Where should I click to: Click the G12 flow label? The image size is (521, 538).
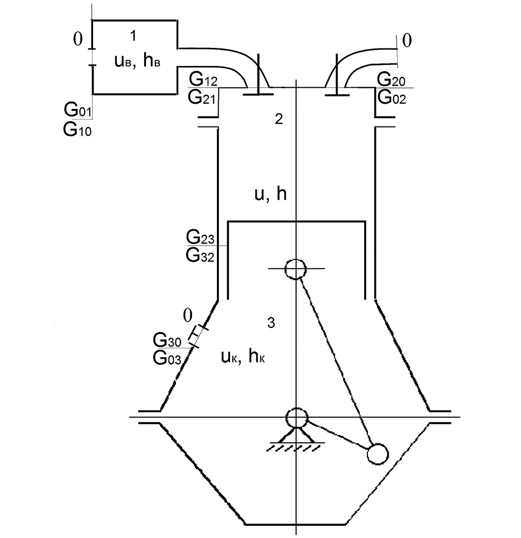(203, 80)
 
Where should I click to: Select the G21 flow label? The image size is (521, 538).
(201, 97)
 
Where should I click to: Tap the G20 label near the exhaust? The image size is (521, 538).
(391, 80)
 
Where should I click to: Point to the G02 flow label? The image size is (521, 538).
(392, 97)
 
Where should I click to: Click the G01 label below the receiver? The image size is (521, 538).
(78, 110)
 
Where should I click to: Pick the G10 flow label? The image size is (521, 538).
(77, 130)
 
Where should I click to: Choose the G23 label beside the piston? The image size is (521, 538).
(200, 237)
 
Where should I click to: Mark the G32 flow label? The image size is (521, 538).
(200, 255)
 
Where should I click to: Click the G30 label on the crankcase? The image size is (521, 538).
(167, 340)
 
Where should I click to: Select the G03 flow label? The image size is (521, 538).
(167, 358)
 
